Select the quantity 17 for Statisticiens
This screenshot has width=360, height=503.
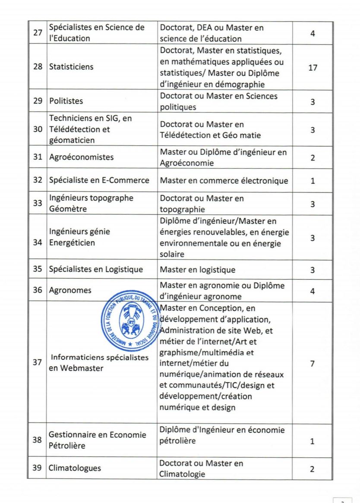(x=313, y=67)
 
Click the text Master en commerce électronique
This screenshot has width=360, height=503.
(x=224, y=181)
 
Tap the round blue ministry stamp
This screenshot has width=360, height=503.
(x=130, y=320)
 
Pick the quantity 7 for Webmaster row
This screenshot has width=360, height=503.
(x=313, y=363)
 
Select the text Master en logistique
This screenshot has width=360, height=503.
(x=198, y=270)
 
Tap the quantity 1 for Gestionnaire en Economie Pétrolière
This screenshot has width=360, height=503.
(x=313, y=441)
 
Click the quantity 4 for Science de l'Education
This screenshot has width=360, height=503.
(x=313, y=33)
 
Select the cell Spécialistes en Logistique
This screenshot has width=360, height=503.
(x=96, y=270)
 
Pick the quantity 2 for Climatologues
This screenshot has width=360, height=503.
(x=313, y=468)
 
